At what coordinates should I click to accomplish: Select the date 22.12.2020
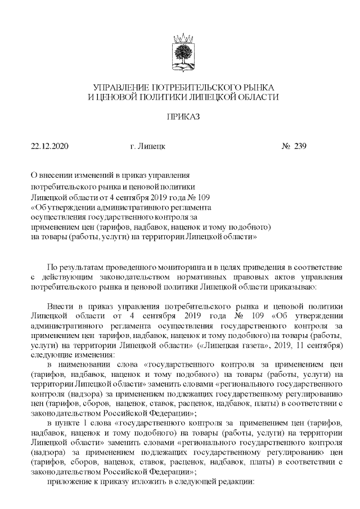click(x=49, y=147)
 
